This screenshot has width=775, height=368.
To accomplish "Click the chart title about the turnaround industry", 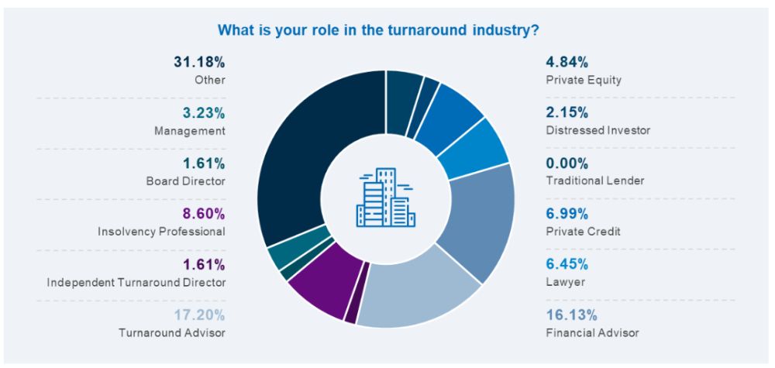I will click(x=379, y=31).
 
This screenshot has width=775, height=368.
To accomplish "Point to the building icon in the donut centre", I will click(x=385, y=198).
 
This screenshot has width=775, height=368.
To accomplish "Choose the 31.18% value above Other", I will click(x=199, y=62).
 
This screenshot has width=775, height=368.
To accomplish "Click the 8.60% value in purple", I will click(x=204, y=214).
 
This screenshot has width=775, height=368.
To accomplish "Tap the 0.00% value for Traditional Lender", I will click(x=567, y=163).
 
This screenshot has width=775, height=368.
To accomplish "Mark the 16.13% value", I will click(x=571, y=315).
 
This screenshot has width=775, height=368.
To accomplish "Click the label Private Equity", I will click(x=584, y=80).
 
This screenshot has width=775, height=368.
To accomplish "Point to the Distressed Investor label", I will click(x=598, y=130).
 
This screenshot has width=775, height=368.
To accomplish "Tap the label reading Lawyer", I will click(x=566, y=282).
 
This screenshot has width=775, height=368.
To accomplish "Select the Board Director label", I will click(x=185, y=181).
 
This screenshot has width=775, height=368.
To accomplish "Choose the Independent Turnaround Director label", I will click(x=136, y=282).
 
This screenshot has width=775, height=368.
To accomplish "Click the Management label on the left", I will click(x=190, y=130).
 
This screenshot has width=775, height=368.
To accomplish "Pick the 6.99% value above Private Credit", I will click(x=567, y=214).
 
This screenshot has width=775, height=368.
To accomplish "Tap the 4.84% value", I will click(x=567, y=62).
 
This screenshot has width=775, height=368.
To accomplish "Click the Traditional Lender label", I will click(x=595, y=181).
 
